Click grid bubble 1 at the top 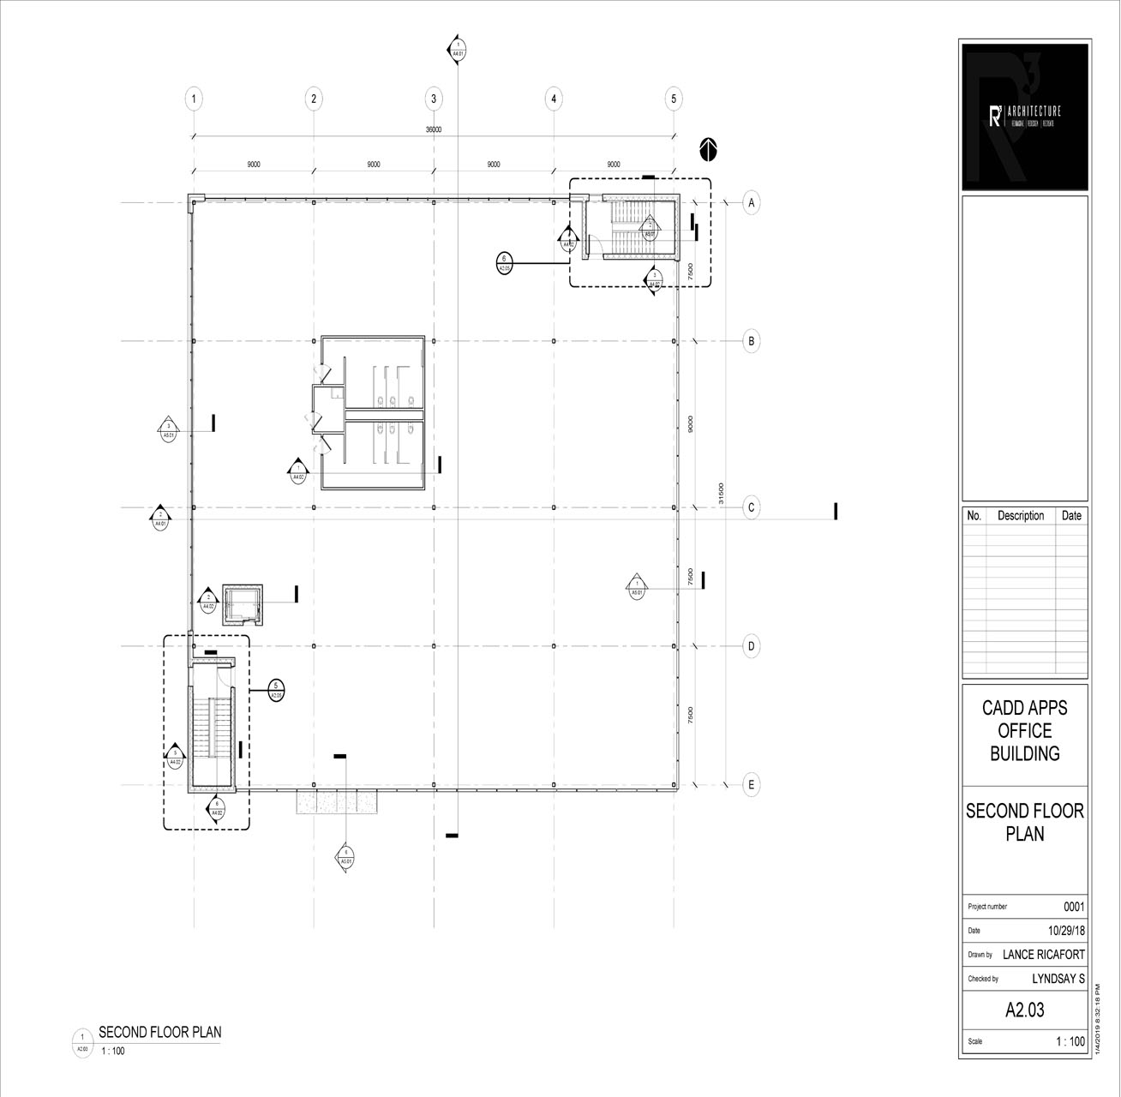195,99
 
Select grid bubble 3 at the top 435,99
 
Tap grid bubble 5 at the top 674,99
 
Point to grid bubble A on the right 752,203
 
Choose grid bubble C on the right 752,507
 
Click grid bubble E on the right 752,784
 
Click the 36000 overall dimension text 434,129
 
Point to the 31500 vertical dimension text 722,493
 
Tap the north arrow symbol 708,150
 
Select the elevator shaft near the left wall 243,605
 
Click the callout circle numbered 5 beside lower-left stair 276,690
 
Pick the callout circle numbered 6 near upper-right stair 505,262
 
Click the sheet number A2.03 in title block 1024,1010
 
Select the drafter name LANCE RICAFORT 1043,955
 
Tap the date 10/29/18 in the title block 1066,931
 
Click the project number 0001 1074,907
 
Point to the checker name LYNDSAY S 1058,979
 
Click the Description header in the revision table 1020,516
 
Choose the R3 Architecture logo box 1025,117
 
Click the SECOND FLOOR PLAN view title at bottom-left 159,1032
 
